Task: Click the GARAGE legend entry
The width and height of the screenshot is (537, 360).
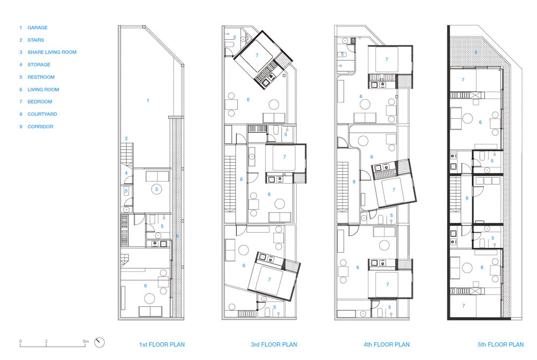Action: (33, 27)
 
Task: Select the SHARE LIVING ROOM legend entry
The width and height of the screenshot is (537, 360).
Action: (48, 52)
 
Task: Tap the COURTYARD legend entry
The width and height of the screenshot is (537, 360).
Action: (38, 114)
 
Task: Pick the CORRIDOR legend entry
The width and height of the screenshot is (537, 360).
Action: (37, 126)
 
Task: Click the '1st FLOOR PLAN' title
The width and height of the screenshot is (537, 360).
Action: (162, 344)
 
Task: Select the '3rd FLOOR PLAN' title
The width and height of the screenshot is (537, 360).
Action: (274, 344)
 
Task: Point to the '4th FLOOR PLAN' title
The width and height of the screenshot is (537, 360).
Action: (387, 344)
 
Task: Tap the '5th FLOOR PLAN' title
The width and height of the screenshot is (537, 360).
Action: (500, 344)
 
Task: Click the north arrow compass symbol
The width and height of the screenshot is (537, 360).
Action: (99, 342)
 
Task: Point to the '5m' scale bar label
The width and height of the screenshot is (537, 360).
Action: (85, 341)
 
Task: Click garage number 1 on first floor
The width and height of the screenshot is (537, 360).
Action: (148, 100)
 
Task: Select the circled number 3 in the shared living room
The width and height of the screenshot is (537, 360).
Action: (156, 189)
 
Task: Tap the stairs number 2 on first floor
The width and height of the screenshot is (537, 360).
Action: (126, 138)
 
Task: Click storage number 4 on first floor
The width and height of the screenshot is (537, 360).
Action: (126, 173)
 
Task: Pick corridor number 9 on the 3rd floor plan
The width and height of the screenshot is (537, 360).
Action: (241, 179)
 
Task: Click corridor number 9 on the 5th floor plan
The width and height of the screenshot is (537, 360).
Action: (467, 198)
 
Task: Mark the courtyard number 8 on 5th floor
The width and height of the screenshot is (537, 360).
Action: (476, 52)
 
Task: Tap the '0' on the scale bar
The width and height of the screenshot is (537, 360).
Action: (20, 341)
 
